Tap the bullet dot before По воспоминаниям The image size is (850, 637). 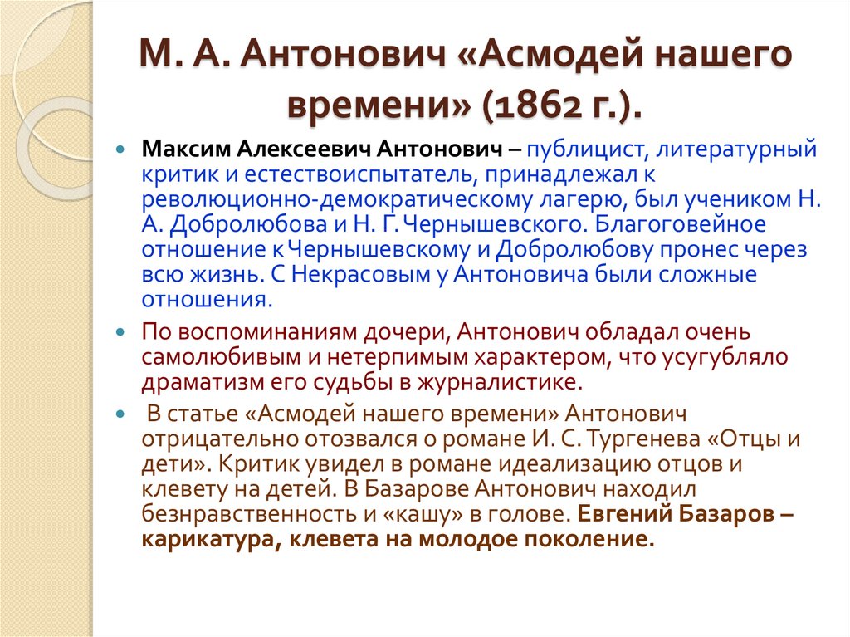click(121, 333)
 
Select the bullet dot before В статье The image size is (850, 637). click(121, 414)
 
